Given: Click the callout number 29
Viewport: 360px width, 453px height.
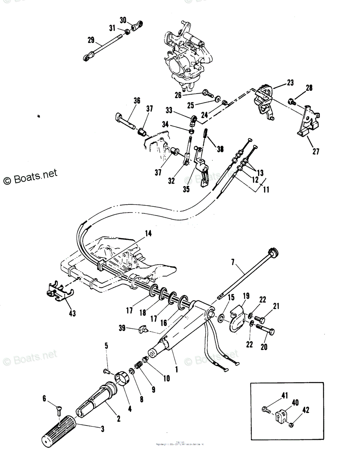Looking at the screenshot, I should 91,40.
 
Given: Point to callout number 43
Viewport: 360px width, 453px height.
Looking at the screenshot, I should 72,313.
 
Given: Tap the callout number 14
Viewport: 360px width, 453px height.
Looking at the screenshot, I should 148,234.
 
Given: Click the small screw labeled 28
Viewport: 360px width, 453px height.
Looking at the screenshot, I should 292,101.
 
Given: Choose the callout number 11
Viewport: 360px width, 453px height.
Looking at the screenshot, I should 266,190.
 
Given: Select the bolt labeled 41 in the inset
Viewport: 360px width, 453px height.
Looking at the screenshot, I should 265,409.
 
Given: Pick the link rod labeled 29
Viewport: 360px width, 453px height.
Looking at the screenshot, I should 101,48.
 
